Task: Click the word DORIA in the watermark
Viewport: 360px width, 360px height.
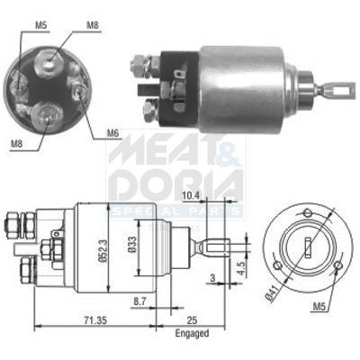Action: click(175, 184)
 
